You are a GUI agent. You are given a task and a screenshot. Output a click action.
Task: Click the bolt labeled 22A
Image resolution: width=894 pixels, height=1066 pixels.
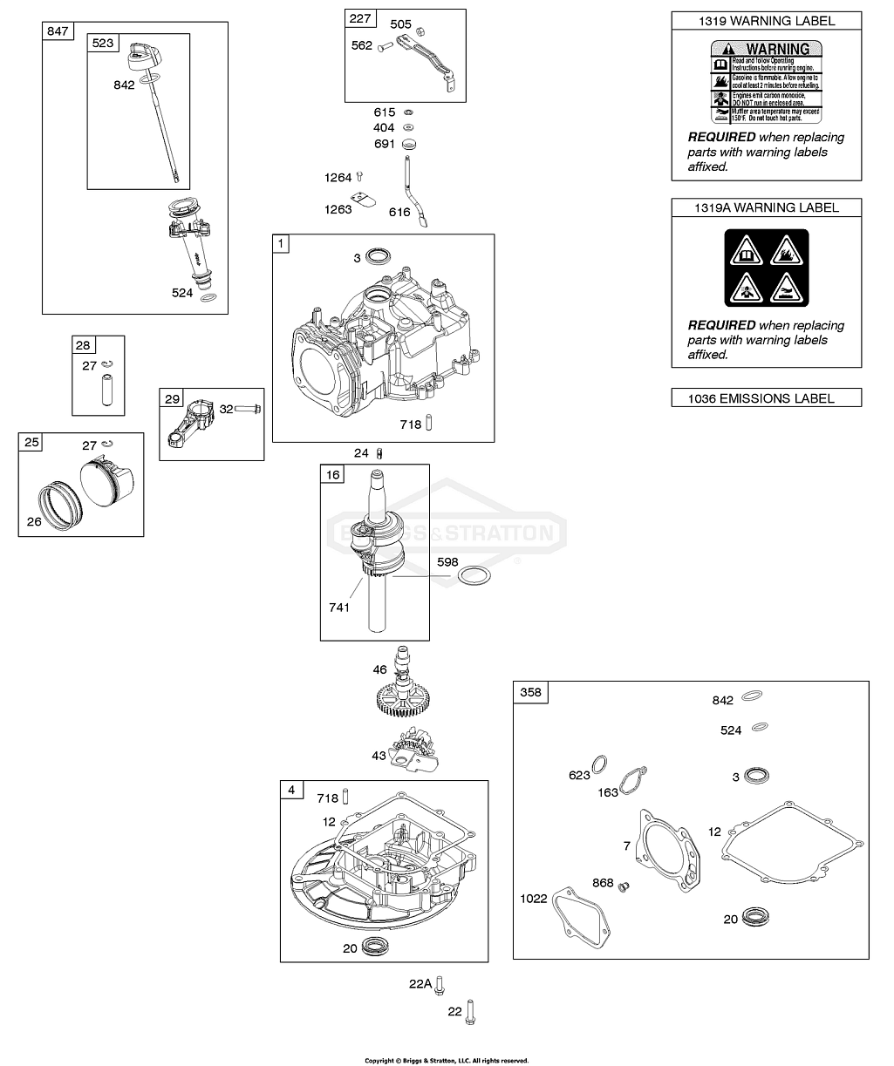point(442,982)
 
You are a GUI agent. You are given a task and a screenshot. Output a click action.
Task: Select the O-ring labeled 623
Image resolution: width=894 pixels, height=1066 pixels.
point(599,764)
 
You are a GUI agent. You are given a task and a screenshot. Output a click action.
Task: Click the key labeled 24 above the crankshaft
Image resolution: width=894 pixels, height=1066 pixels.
point(379,452)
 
